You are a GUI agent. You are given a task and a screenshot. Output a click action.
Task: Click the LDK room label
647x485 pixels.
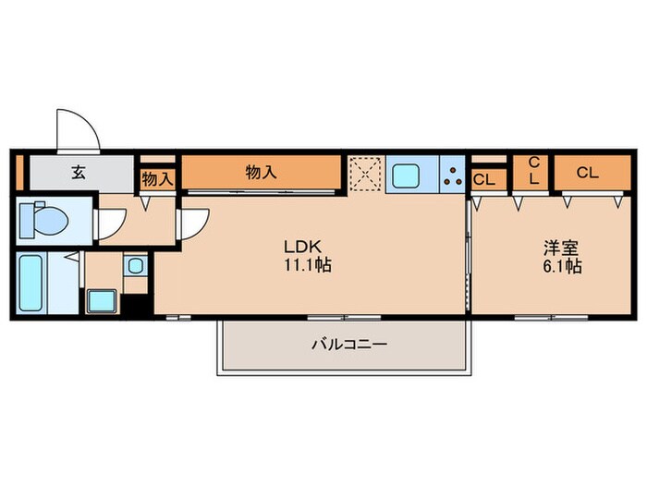(302, 247)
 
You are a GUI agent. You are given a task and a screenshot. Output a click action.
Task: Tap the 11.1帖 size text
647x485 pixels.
(308, 265)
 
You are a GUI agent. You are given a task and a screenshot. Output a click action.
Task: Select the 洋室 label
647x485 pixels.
(561, 248)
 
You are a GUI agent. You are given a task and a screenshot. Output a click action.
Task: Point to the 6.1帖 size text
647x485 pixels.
(562, 266)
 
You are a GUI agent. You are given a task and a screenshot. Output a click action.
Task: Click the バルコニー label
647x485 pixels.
(349, 344)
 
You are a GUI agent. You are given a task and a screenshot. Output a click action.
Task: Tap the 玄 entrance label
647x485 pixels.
(79, 173)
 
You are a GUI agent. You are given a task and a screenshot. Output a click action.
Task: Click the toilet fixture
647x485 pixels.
(44, 220)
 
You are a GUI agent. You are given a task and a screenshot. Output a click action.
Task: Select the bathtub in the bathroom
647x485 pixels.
(31, 283)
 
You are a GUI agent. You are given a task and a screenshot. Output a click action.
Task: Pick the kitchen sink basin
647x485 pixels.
(406, 176)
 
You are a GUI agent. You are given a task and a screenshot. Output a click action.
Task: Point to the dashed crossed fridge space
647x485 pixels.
(366, 174)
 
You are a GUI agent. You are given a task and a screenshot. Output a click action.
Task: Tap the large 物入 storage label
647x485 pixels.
(262, 173)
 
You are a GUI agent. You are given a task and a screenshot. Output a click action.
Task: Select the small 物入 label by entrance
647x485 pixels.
(157, 179)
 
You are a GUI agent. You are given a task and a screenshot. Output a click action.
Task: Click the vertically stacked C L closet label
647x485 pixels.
(534, 170)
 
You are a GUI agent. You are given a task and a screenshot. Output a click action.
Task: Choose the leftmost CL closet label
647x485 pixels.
(484, 180)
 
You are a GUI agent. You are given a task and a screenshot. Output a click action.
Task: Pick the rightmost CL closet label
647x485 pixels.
(587, 173)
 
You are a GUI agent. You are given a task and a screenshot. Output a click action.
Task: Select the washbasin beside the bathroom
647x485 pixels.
(135, 265)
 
